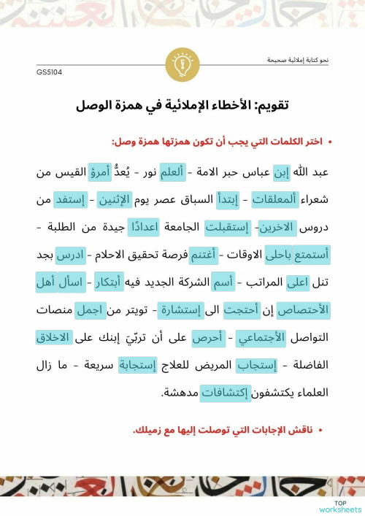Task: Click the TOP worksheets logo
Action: [x=339, y=507]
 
